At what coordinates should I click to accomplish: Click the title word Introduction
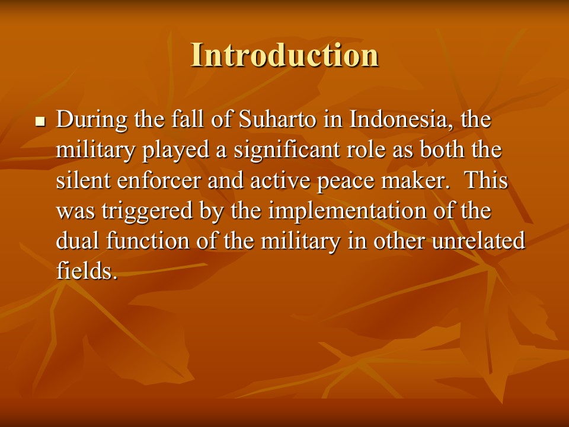point(285,55)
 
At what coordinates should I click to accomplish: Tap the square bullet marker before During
point(40,122)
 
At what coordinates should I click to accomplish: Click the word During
point(92,119)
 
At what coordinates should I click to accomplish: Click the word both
point(442,149)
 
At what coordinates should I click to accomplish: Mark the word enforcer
point(159,180)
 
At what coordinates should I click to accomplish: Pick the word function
point(148,241)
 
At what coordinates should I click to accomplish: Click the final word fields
point(87,271)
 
